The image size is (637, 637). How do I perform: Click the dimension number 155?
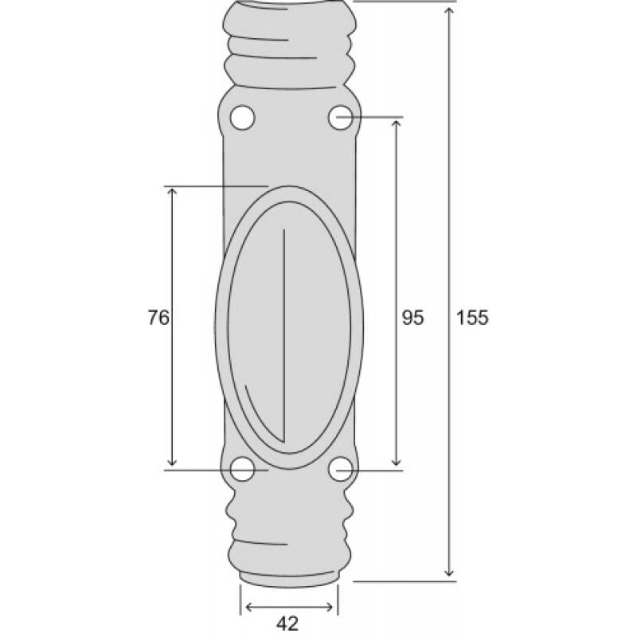coord(472,317)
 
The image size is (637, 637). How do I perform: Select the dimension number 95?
coord(412,317)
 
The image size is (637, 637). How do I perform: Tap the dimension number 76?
coord(158,317)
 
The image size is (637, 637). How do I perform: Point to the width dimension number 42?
coord(289,623)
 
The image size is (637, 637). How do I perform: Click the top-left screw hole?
coord(242,118)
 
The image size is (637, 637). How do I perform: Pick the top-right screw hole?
coord(340,118)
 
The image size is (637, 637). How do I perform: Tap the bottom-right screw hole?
coord(340,470)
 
